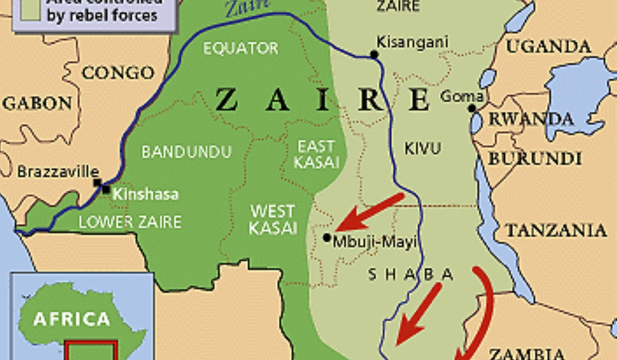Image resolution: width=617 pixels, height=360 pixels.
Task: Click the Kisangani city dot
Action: coord(374,55)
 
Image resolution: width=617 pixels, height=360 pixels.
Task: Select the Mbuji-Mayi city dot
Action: coord(327,238)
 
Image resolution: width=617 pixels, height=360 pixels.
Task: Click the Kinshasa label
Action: coord(146,194)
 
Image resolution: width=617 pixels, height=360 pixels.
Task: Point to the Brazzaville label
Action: coord(58,171)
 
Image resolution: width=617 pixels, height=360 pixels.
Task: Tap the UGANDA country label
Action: coord(549,47)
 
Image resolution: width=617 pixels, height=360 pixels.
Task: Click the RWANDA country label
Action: coord(530,119)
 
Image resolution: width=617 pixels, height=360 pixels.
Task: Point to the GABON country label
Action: coord(38,103)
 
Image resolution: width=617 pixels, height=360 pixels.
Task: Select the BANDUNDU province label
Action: coord(187,152)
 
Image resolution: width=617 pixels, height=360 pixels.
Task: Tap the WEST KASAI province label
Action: coord(273,219)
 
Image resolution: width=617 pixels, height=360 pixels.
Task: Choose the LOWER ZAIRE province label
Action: coord(130,222)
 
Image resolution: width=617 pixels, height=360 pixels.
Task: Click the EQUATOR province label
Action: coord(241,48)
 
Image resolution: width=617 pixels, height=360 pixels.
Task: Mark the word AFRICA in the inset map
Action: coord(71,319)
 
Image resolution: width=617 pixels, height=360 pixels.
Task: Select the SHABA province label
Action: coord(411,275)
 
